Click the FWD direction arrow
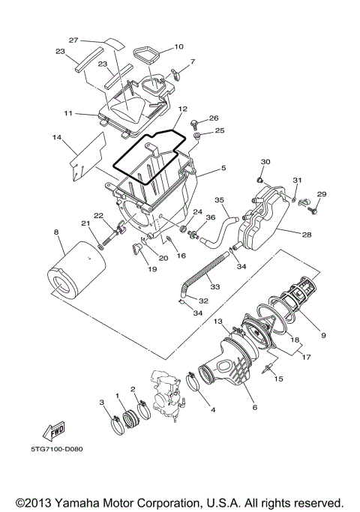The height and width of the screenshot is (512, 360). click(x=54, y=432)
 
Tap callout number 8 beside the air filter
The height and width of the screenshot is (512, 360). click(x=56, y=232)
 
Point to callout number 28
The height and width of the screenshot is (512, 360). click(x=307, y=235)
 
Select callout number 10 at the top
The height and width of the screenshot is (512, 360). click(x=178, y=46)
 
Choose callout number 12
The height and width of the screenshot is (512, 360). click(x=182, y=109)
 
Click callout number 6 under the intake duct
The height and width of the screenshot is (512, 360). click(x=253, y=407)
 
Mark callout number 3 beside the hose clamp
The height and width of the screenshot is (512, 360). click(x=102, y=403)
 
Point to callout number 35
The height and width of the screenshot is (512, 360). click(x=220, y=200)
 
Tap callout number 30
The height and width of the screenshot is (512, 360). click(x=265, y=162)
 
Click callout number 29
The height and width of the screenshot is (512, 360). click(x=322, y=194)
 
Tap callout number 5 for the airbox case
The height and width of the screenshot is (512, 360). click(x=223, y=169)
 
